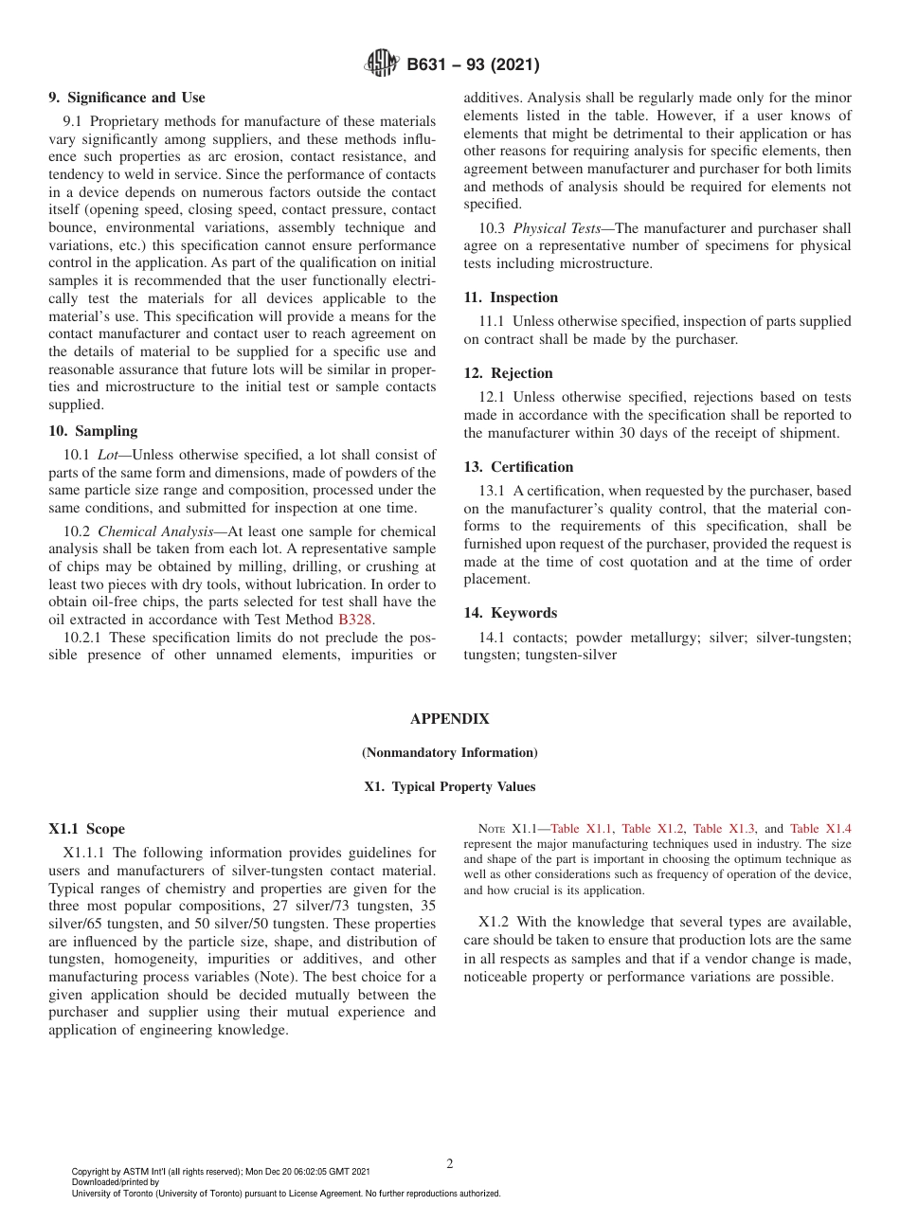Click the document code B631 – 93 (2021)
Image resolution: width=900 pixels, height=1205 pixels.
coord(473,65)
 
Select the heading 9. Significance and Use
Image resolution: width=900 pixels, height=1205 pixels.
coord(127,98)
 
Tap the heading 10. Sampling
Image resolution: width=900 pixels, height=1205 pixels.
coord(93,431)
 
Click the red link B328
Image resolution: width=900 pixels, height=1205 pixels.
coord(355,620)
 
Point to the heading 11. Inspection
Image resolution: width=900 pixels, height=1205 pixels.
coord(511,297)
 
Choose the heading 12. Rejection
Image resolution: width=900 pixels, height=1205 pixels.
coord(508,373)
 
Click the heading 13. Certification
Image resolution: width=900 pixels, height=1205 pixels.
coord(518,467)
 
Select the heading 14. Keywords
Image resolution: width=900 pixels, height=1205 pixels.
coord(510,613)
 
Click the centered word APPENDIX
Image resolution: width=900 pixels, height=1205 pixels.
coord(449,719)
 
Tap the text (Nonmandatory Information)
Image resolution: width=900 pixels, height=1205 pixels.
coord(449,753)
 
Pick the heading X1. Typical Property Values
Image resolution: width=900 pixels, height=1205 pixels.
coord(449,787)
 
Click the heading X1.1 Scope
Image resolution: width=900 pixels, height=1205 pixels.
coord(86,829)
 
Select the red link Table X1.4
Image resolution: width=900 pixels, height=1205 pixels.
coord(820,829)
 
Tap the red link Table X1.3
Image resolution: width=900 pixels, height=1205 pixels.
coord(724,829)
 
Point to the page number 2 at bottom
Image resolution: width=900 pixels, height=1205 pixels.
coord(449,1164)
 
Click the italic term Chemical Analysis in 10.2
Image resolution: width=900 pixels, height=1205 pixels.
coord(155,531)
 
